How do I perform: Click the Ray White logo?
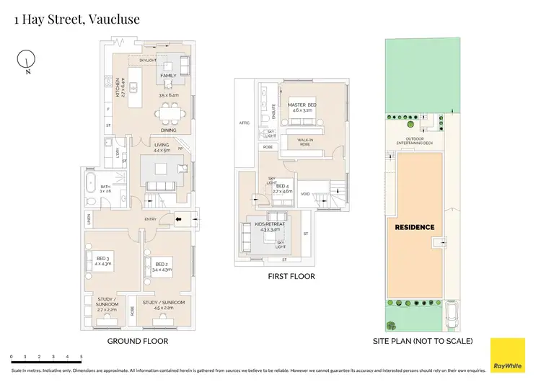pyautogui.click(x=508, y=355)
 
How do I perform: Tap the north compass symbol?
pyautogui.click(x=27, y=61)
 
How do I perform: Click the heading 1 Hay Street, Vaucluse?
pyautogui.click(x=77, y=19)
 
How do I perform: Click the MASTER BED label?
pyautogui.click(x=302, y=105)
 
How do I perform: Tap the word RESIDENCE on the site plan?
pyautogui.click(x=415, y=227)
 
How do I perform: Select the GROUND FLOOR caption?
pyautogui.click(x=138, y=340)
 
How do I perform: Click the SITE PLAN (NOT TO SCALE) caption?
pyautogui.click(x=423, y=340)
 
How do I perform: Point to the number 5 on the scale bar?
pyautogui.click(x=82, y=357)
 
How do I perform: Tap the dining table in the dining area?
pyautogui.click(x=172, y=112)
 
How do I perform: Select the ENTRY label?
pyautogui.click(x=151, y=220)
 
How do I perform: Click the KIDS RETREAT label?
pyautogui.click(x=270, y=225)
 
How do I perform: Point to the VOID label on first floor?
pyautogui.click(x=306, y=194)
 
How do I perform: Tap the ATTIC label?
pyautogui.click(x=245, y=123)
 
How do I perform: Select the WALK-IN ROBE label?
pyautogui.click(x=309, y=141)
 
